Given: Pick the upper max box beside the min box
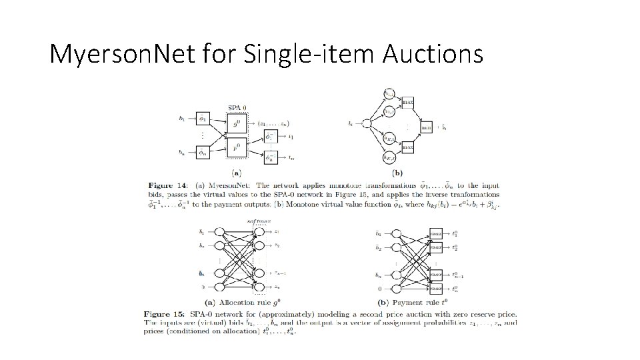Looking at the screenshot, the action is point(407,102).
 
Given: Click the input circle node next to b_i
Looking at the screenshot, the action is point(365,123).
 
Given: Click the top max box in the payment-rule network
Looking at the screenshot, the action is point(436,234).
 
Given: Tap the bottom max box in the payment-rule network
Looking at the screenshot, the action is point(436,288).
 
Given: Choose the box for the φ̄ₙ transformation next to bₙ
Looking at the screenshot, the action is point(201,153).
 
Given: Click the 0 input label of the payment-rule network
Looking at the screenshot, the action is point(380,288).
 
